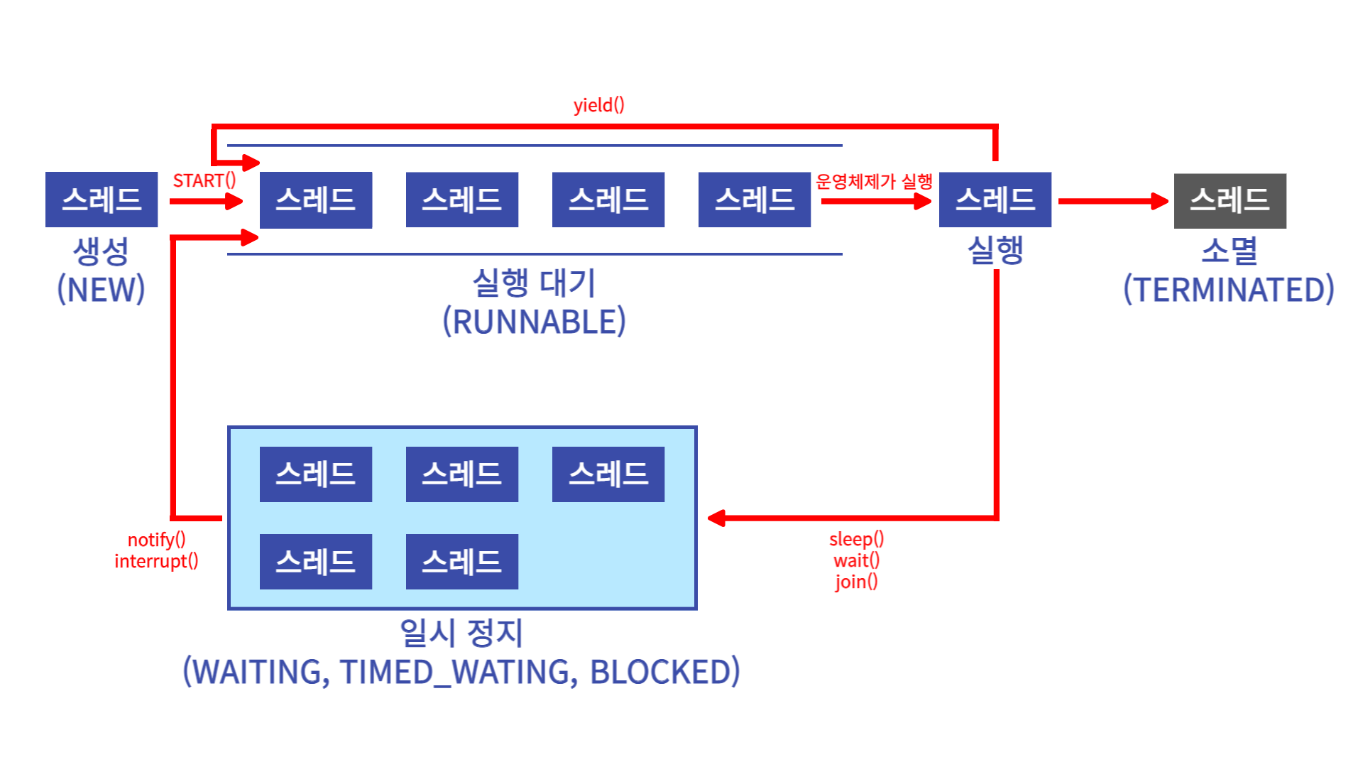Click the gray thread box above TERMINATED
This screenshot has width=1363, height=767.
click(1230, 201)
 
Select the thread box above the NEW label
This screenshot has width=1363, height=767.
click(102, 200)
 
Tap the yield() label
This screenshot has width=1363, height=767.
click(598, 105)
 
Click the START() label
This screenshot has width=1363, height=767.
click(204, 181)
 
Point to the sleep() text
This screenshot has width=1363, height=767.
click(856, 539)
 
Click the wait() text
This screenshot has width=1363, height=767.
click(856, 560)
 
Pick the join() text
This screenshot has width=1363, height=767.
click(856, 582)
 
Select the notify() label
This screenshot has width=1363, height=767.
click(156, 540)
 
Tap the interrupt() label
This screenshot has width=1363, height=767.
click(156, 561)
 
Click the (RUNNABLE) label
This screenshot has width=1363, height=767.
click(534, 322)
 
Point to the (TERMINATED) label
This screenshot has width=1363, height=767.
click(1228, 290)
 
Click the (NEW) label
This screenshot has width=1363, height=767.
click(101, 290)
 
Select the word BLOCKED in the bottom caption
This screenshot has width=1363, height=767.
click(664, 672)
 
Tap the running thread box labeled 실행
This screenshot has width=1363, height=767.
click(995, 200)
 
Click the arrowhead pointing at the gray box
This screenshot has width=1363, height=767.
click(1161, 201)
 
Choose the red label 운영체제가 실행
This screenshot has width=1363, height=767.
click(874, 182)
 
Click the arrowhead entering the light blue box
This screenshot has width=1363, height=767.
click(716, 518)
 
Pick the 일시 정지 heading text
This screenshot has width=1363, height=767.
click(461, 633)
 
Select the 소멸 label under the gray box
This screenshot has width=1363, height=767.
click(1229, 251)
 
